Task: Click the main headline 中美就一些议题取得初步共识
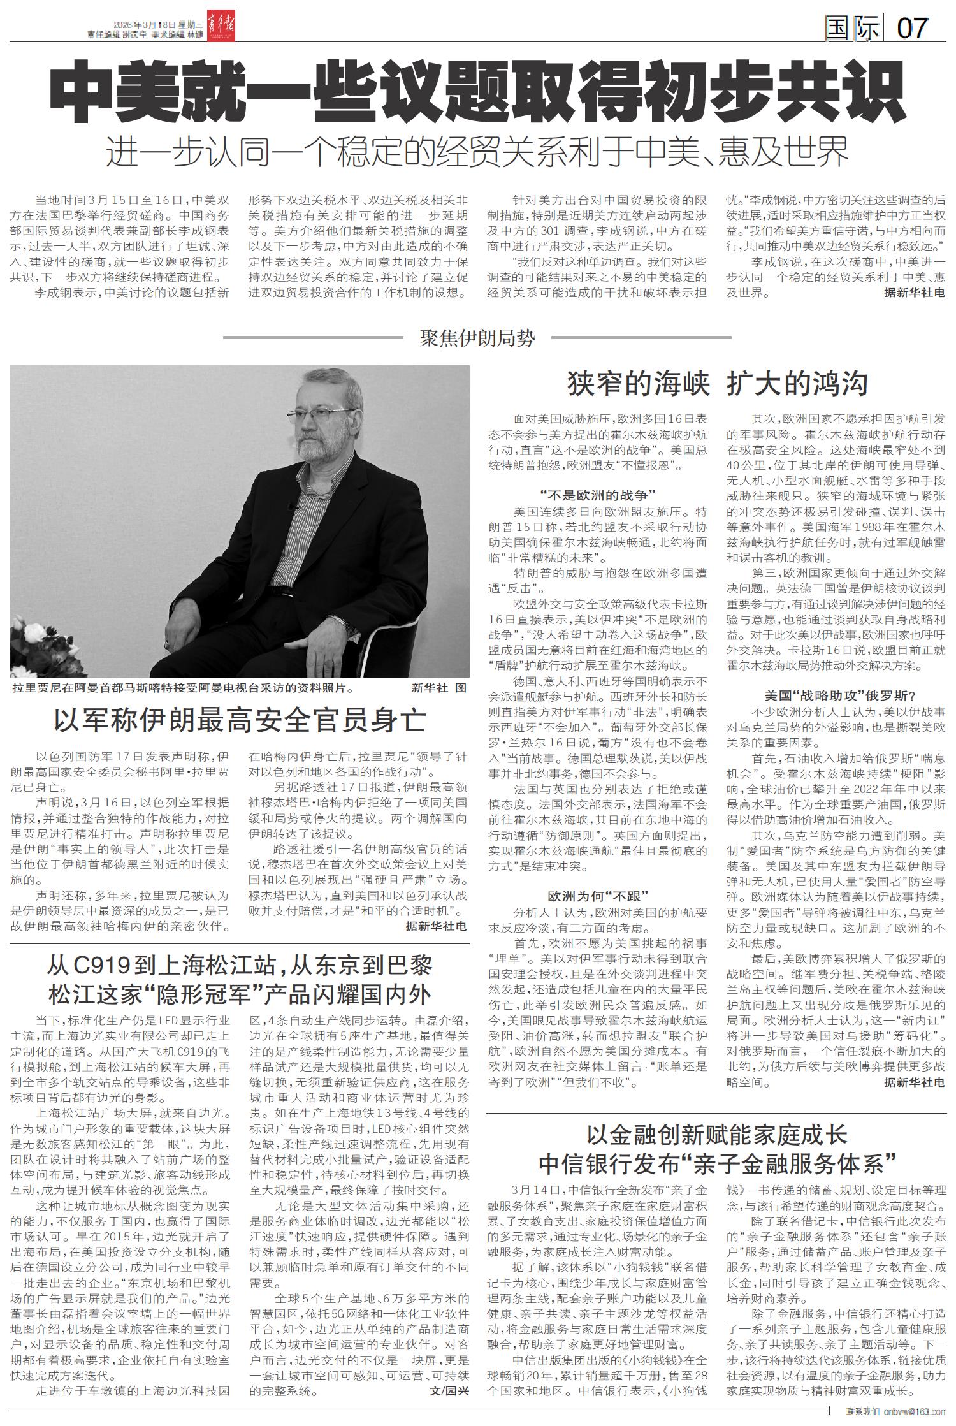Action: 478,92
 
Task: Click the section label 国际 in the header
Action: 852,27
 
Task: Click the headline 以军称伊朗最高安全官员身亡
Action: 240,720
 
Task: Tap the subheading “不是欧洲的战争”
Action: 597,495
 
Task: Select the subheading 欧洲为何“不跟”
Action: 597,896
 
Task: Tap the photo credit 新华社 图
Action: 440,688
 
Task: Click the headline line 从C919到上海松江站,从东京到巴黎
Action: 240,966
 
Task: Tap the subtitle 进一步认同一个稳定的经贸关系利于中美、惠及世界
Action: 478,152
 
